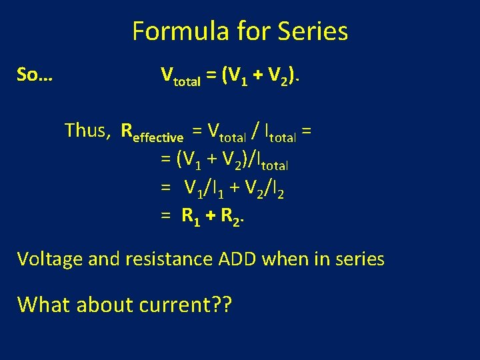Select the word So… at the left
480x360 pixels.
tap(35, 75)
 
